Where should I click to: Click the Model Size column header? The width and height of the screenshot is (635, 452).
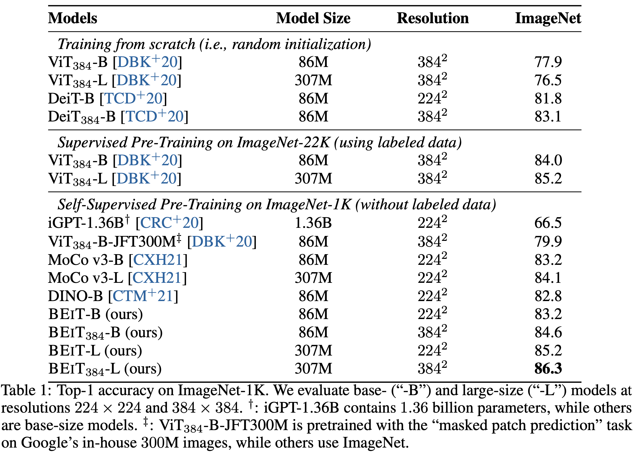[x=313, y=18]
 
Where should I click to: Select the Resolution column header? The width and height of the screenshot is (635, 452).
[x=433, y=18]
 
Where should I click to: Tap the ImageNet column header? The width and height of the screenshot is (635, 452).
[x=548, y=18]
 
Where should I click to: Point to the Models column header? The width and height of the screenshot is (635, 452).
[x=73, y=18]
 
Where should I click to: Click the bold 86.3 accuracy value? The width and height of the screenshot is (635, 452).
[x=548, y=369]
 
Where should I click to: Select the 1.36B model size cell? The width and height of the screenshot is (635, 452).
[x=313, y=223]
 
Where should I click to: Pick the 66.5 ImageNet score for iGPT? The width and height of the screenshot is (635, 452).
[x=548, y=223]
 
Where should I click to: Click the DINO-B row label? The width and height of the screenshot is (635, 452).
[x=75, y=296]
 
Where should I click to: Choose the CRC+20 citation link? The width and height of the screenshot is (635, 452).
[x=169, y=223]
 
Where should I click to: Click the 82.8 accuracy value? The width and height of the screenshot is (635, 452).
[x=548, y=296]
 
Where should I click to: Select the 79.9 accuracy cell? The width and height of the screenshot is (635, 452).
[x=548, y=241]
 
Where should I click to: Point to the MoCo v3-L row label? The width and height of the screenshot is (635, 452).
[x=85, y=278]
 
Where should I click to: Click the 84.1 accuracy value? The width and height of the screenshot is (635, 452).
[x=548, y=278]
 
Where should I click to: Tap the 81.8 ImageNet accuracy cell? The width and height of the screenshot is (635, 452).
[x=548, y=99]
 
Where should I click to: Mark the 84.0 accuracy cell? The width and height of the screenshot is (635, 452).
[x=548, y=160]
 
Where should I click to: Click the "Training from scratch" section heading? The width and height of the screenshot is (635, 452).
[x=214, y=44]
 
